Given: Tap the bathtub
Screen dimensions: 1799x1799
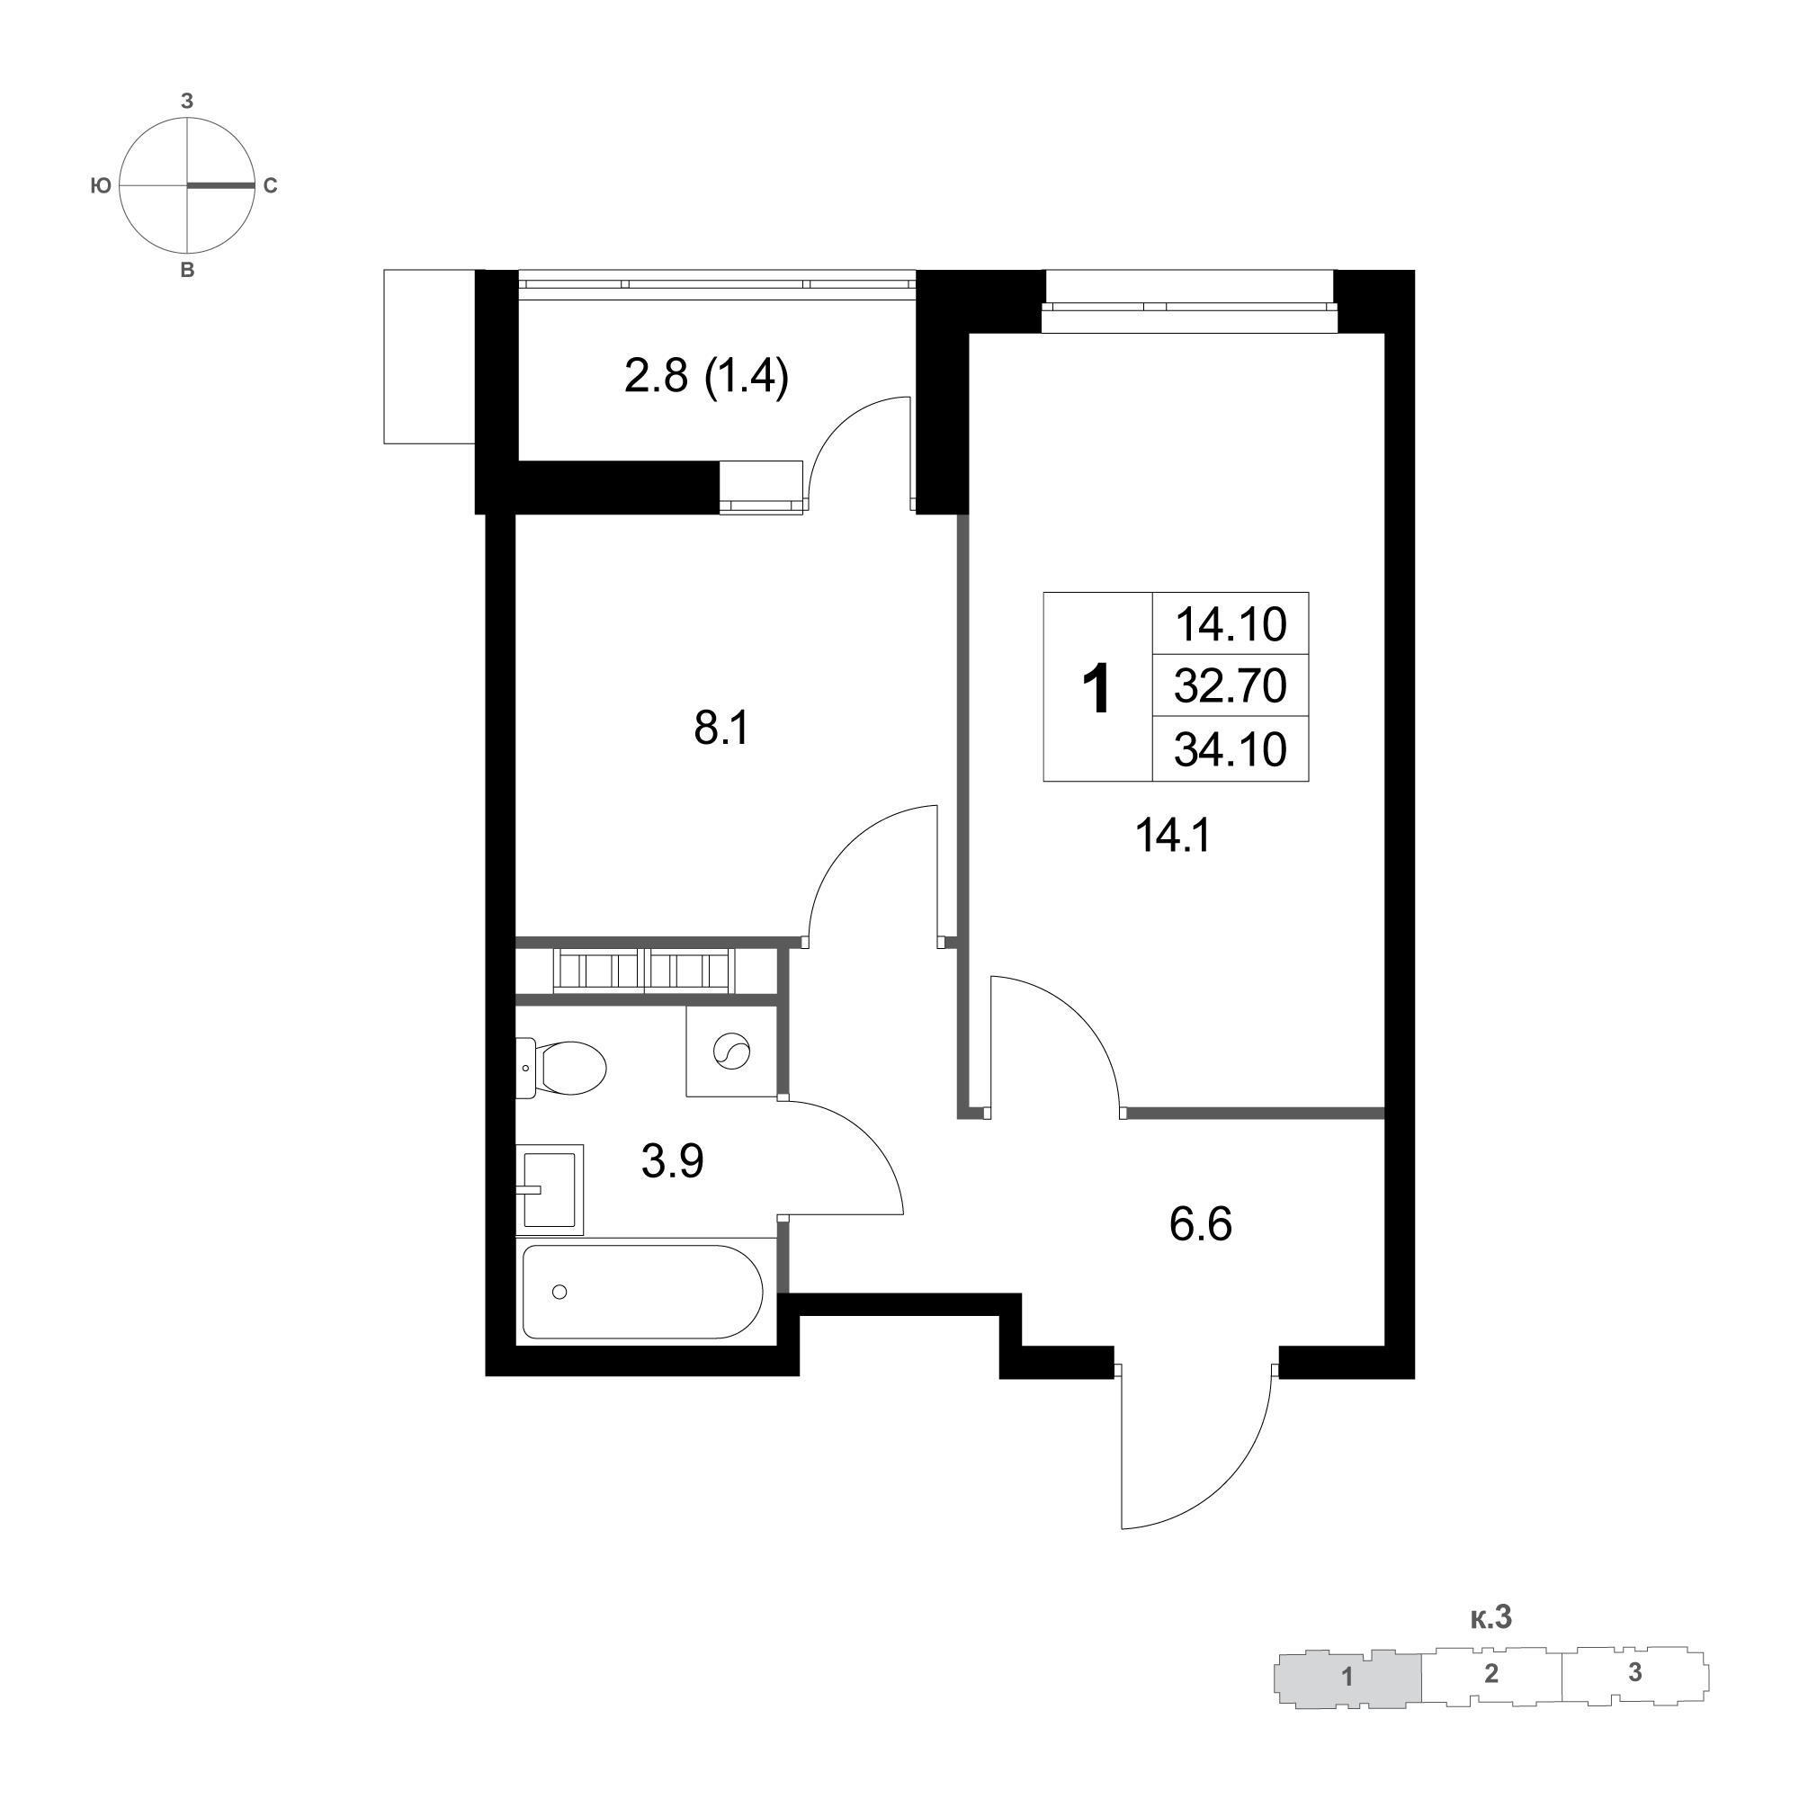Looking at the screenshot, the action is coord(642,1292).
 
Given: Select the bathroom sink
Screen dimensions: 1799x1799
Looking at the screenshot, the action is coord(550,1189).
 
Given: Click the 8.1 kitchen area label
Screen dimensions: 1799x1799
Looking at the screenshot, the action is coord(721,729).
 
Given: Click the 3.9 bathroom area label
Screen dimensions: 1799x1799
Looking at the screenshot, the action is coord(672,1161).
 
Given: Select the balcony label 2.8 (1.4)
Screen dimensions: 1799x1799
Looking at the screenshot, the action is coord(707,377).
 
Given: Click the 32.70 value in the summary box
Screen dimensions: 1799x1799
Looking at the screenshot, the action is coord(1230,686).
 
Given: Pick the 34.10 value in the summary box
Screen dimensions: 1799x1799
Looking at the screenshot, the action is coord(1230,748).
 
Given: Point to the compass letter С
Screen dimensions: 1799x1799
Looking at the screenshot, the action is coord(270,186).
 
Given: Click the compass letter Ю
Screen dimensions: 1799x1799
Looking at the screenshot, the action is coord(101,186).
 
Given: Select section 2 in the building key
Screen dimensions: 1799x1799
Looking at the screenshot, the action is coord(1490,1674).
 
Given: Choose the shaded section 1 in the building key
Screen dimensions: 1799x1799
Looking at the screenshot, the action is coord(1347,1678).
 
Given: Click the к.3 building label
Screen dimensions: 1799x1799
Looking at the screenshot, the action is coord(1490,1618).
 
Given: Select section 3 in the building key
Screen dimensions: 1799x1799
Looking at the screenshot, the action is coord(1635,1672).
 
